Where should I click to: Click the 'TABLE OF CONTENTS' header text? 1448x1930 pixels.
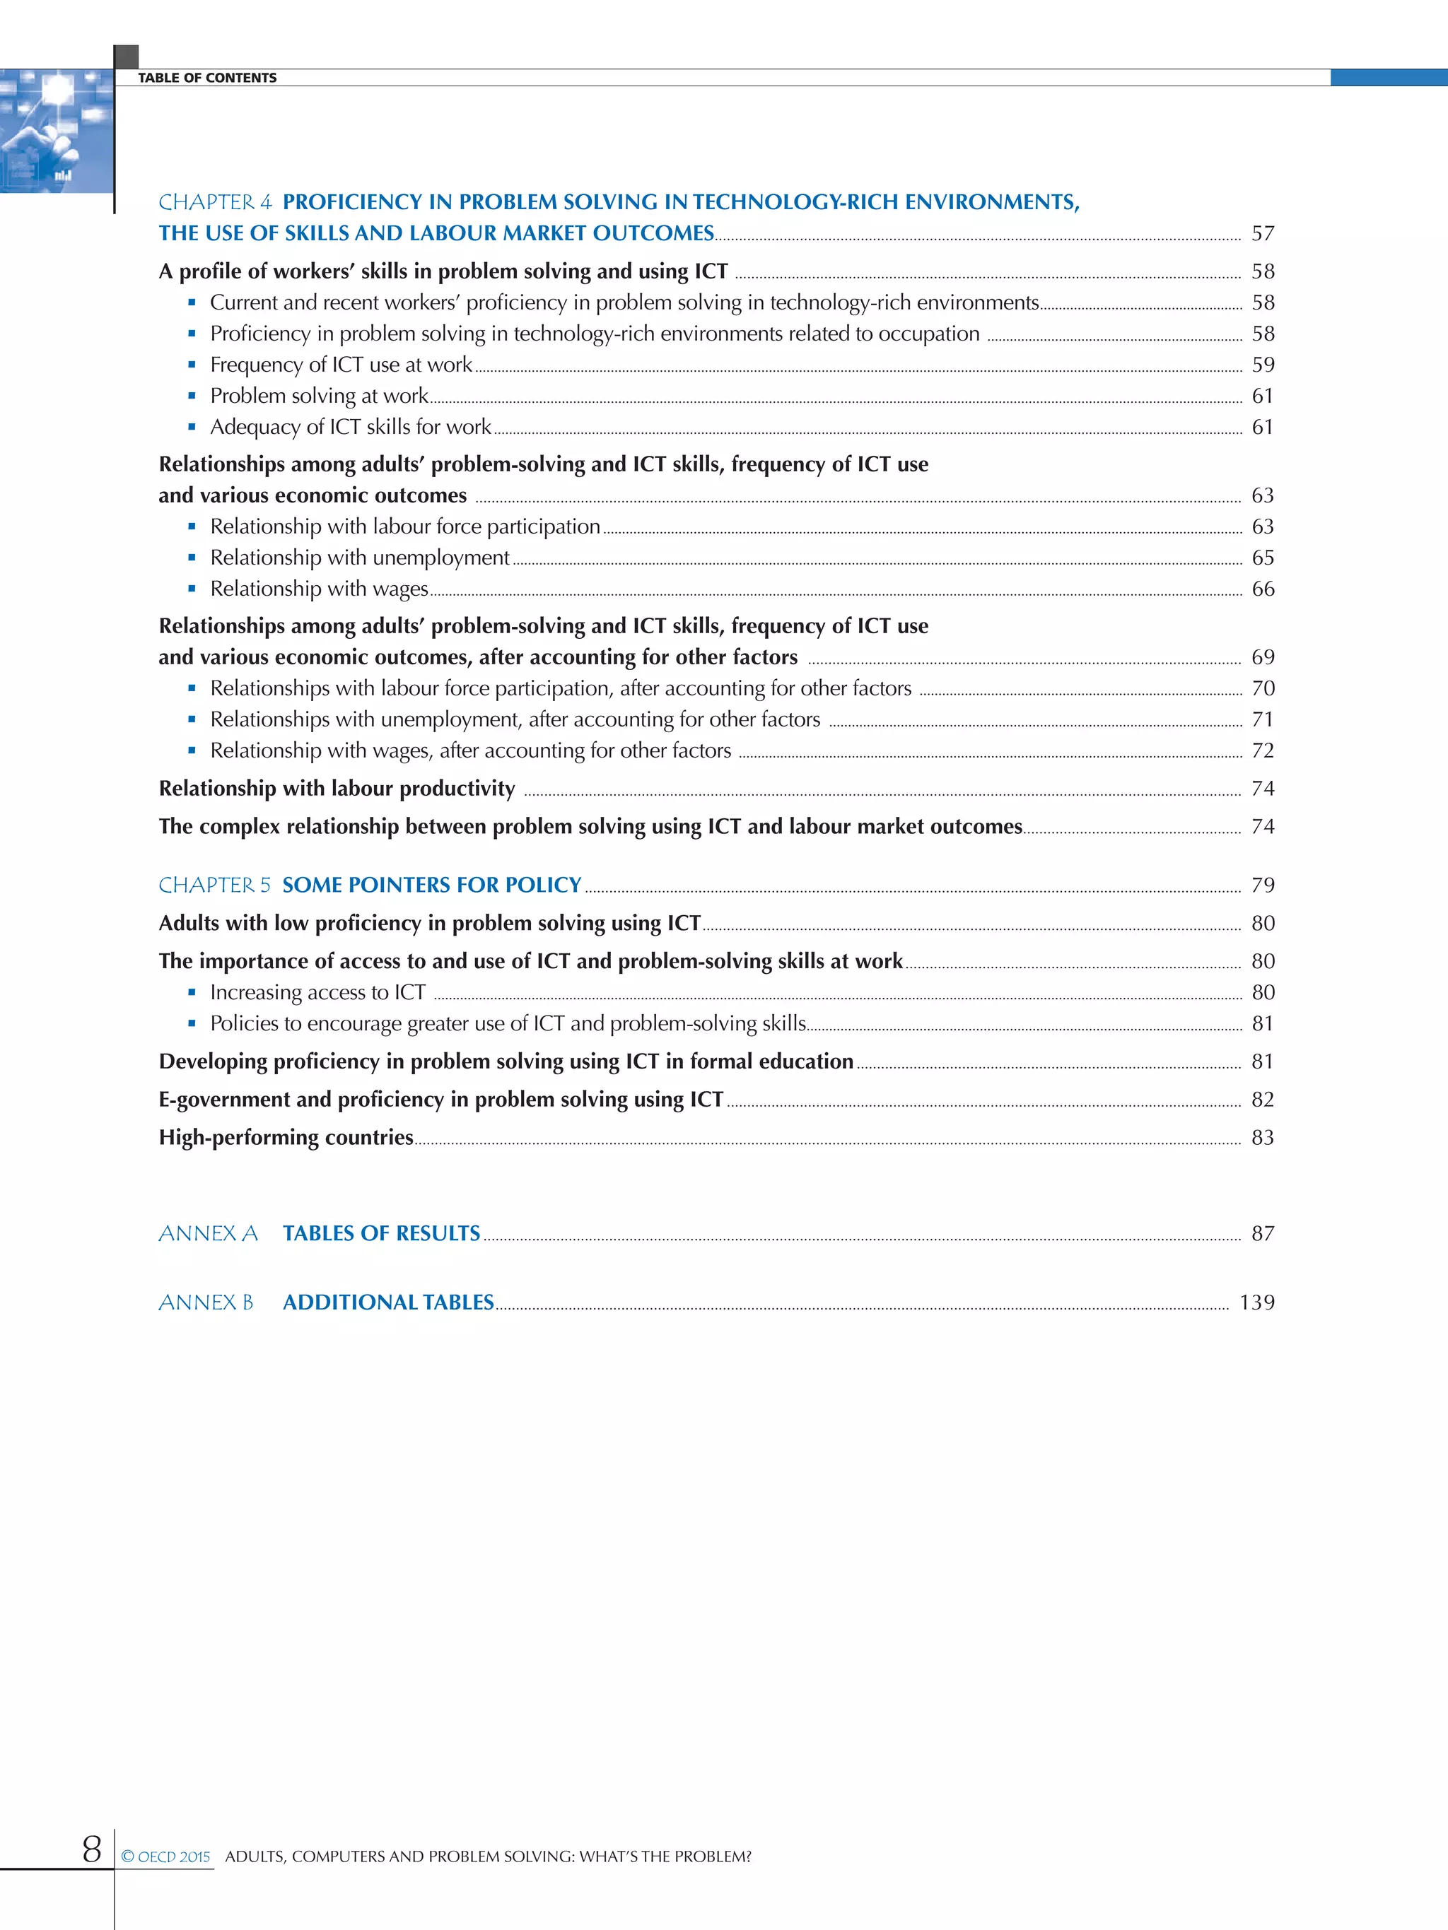click(x=207, y=78)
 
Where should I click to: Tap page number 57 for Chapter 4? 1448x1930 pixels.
click(x=1262, y=234)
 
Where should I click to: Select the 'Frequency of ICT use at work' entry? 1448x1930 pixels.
click(x=340, y=365)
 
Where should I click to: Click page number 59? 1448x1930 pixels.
click(x=1262, y=365)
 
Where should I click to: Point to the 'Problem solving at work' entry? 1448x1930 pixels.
click(x=319, y=396)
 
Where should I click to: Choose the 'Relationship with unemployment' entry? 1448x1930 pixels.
click(x=358, y=558)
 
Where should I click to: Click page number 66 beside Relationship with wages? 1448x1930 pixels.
click(x=1262, y=589)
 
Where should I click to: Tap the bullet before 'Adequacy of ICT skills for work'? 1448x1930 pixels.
click(x=192, y=427)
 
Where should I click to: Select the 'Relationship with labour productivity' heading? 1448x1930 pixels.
click(x=337, y=789)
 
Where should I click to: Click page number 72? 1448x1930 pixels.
click(x=1262, y=751)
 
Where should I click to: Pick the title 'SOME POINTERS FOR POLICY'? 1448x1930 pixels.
click(x=431, y=885)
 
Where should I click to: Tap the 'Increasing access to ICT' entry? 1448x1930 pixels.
click(x=317, y=993)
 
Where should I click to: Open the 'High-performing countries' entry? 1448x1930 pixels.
click(x=286, y=1138)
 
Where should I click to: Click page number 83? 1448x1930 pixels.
click(x=1262, y=1138)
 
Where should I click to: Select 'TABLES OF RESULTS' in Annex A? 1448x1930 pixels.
click(x=380, y=1234)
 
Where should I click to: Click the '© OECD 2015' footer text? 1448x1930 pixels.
click(x=166, y=1857)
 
